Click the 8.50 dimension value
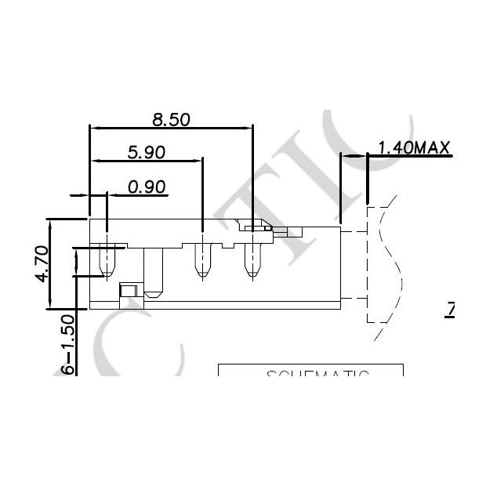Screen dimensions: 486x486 pos(172,119)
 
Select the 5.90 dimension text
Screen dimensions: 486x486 pos(146,153)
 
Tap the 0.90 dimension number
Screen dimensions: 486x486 pos(147,187)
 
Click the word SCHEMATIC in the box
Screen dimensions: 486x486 pos(317,374)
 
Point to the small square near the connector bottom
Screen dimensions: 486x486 pos(128,291)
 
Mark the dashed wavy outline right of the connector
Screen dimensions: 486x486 pos(384,263)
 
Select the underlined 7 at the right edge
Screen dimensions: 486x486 pos(451,310)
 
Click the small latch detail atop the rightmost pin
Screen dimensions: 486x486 pos(256,229)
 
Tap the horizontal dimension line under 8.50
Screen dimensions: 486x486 pos(172,127)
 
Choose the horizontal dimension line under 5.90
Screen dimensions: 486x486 pos(146,161)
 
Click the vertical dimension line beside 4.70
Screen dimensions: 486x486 pos(51,263)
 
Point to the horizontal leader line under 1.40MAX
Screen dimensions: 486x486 pos(411,155)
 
